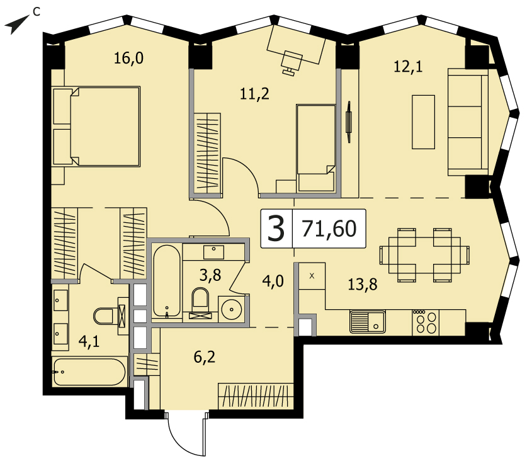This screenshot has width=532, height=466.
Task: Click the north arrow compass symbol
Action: (x=16, y=25)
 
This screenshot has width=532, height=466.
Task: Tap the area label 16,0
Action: (x=128, y=58)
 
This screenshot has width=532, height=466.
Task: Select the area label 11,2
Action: (x=254, y=94)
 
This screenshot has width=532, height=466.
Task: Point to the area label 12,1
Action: (x=408, y=66)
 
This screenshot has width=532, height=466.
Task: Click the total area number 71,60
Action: (x=329, y=229)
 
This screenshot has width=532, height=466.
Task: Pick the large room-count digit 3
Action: (x=276, y=229)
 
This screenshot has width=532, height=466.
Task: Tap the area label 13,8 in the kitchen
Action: (x=363, y=284)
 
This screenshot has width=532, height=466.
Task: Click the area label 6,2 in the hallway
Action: (x=205, y=357)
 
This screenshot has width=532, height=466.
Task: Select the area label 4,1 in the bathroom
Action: (x=89, y=341)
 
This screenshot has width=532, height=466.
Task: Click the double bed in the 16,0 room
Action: (x=96, y=126)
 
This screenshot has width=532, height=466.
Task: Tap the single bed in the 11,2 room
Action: (x=316, y=148)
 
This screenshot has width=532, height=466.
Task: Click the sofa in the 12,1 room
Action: (x=468, y=122)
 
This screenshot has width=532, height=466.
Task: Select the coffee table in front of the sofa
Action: (x=424, y=122)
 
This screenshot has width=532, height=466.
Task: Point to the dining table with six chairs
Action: (x=424, y=255)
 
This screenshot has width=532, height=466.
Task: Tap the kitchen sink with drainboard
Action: (x=368, y=322)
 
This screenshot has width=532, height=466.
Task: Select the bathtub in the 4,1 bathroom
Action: (x=89, y=372)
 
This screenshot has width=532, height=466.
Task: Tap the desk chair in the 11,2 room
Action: (x=291, y=62)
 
